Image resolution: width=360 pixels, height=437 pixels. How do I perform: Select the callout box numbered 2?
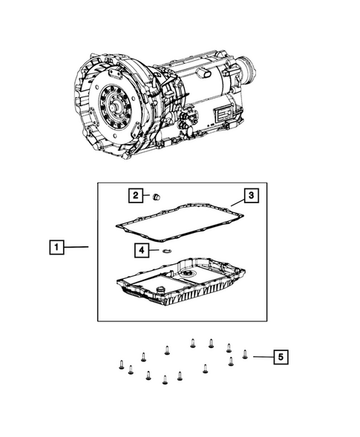click(135, 196)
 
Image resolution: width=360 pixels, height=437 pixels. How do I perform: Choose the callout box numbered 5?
click(279, 358)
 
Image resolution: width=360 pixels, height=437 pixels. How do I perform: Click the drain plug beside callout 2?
click(157, 197)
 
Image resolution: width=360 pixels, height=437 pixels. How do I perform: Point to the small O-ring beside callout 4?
click(166, 252)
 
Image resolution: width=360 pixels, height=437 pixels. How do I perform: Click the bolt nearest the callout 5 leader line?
click(245, 354)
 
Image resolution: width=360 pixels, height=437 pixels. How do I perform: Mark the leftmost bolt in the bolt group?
click(120, 364)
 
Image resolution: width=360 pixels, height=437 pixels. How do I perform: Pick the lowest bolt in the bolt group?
click(165, 381)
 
